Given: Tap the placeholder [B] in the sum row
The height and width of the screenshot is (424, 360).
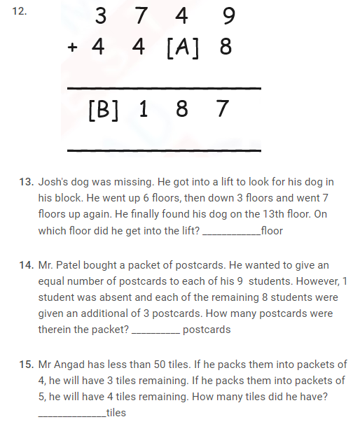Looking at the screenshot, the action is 103,111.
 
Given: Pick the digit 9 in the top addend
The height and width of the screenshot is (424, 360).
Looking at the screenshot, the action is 226,15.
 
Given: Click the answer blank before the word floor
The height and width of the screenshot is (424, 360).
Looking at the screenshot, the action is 230,232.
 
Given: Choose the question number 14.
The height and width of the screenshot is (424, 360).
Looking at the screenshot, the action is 26,266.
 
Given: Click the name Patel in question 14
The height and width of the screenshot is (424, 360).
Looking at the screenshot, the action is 74,266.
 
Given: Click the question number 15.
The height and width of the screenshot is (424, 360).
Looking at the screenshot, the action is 26,365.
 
